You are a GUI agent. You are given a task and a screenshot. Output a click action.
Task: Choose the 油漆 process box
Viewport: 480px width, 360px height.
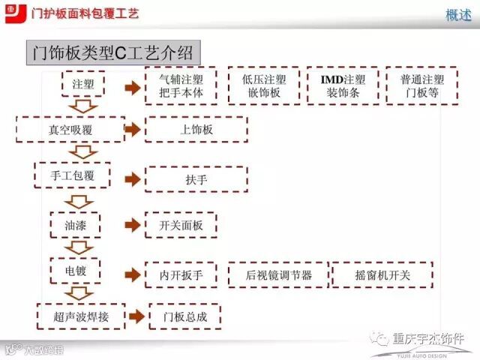(x=76, y=225)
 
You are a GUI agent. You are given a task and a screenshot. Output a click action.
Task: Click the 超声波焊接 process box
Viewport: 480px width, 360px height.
(x=81, y=316)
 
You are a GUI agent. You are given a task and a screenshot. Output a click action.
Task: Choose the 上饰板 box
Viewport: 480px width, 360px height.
(x=196, y=130)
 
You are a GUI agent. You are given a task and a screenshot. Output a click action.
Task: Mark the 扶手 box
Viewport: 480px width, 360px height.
(x=196, y=180)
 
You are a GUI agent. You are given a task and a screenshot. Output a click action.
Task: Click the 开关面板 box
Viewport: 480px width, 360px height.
(x=181, y=225)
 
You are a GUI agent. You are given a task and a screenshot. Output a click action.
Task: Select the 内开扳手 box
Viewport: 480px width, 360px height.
(x=181, y=275)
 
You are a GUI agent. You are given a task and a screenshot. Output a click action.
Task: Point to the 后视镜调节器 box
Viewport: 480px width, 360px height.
(x=278, y=275)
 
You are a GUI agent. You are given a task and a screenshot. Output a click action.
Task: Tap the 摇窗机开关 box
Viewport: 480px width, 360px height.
(x=382, y=275)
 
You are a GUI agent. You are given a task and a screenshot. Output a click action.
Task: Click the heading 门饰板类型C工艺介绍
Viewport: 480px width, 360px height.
(x=113, y=53)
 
